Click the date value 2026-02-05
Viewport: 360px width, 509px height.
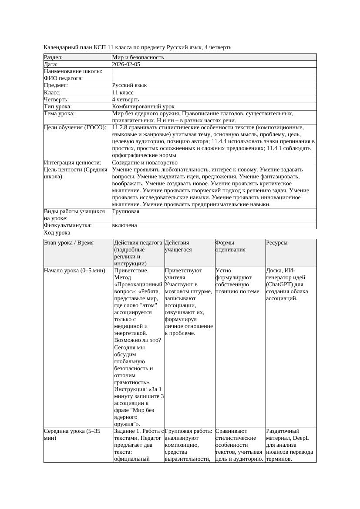pyautogui.click(x=126, y=64)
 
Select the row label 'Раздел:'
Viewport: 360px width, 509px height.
pyautogui.click(x=54, y=57)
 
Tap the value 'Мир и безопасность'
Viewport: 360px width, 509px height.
pyautogui.click(x=138, y=57)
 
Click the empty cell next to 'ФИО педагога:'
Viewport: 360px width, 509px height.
pyautogui.click(x=214, y=78)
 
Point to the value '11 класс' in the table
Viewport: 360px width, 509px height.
pyautogui.click(x=123, y=93)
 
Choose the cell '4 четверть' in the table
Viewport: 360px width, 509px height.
pyautogui.click(x=125, y=100)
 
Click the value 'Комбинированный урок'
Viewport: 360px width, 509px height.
pyautogui.click(x=143, y=107)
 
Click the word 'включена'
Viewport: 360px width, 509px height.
pyautogui.click(x=124, y=225)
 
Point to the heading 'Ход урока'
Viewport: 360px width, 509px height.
pyautogui.click(x=57, y=233)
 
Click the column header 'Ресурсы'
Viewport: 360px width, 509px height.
pyautogui.click(x=277, y=243)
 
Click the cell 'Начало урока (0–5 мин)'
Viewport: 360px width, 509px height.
pyautogui.click(x=74, y=271)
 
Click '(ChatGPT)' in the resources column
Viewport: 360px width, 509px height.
pyautogui.click(x=279, y=285)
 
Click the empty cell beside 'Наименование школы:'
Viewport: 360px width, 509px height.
pyautogui.click(x=214, y=71)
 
